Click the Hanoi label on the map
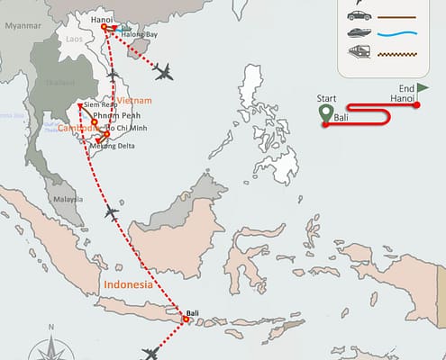pyautogui.click(x=103, y=17)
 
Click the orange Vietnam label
pyautogui.click(x=132, y=100)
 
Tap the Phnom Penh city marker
pyautogui.click(x=94, y=122)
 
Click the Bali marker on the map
pyautogui.click(x=186, y=319)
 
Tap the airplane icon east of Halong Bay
pyautogui.click(x=163, y=70)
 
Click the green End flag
pyautogui.click(x=423, y=87)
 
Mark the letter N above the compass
pyautogui.click(x=52, y=325)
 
